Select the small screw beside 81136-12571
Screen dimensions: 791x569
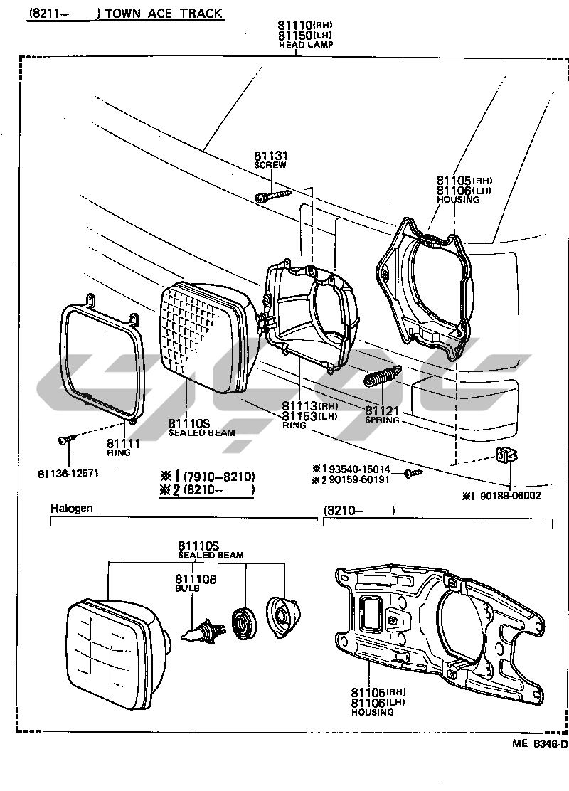[x=65, y=441]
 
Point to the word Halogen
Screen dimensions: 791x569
[x=72, y=509]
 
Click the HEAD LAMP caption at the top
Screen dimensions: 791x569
[x=306, y=44]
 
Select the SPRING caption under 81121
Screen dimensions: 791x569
[x=382, y=420]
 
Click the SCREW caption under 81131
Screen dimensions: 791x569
[x=270, y=165]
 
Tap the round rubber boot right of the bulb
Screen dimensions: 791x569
[x=245, y=622]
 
